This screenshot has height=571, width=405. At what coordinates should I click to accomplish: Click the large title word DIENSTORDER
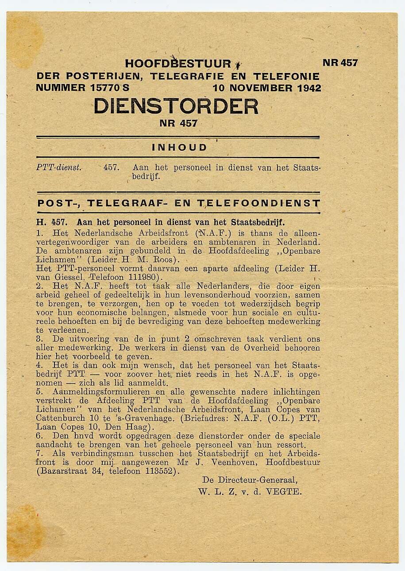click(176, 107)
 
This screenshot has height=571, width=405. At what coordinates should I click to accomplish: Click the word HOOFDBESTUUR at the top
click(178, 64)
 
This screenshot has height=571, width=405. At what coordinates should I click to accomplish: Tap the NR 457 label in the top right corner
click(340, 63)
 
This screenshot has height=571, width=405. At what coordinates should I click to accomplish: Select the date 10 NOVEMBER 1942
click(267, 88)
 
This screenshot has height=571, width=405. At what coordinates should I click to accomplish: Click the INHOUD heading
click(179, 148)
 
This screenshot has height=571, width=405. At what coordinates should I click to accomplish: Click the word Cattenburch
click(60, 418)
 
